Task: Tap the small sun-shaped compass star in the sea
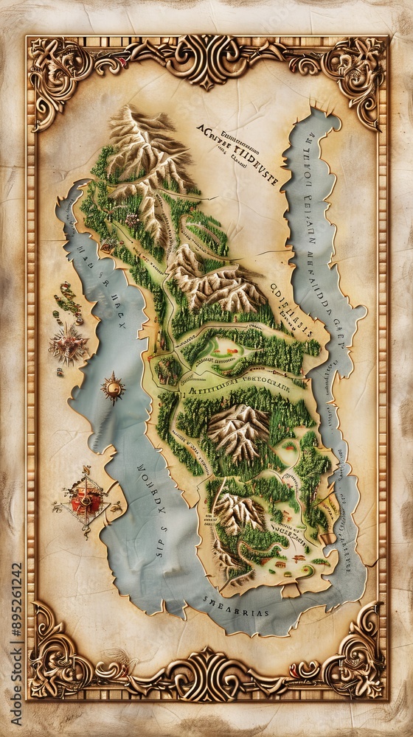pyautogui.click(x=113, y=386)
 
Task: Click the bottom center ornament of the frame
pyautogui.click(x=206, y=674)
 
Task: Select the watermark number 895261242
pyautogui.click(x=17, y=642)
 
